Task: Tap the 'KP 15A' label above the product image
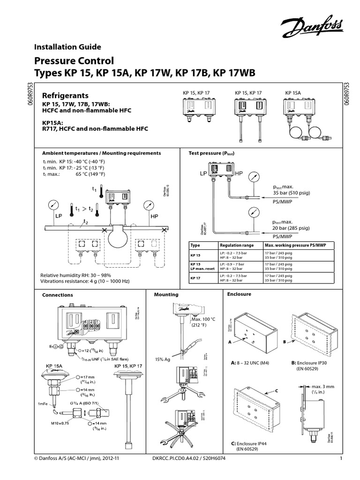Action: (x=293, y=93)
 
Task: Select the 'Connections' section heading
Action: (x=58, y=295)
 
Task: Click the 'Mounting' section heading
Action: (x=166, y=295)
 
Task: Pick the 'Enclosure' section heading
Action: (x=239, y=294)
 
